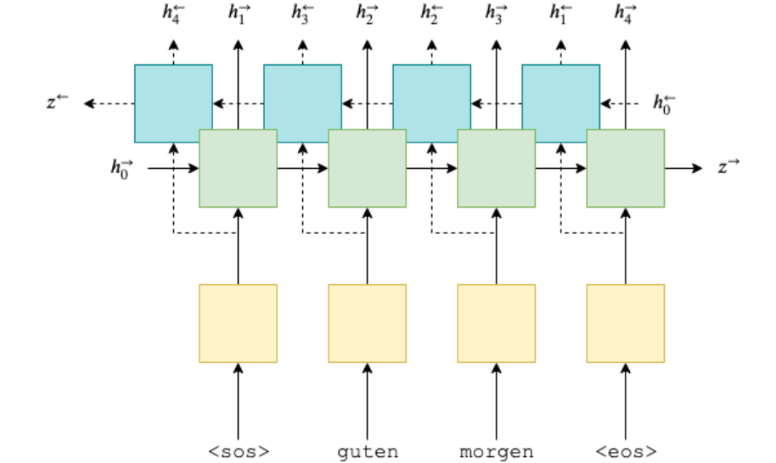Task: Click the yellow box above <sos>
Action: (x=238, y=323)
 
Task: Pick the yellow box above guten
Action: (x=367, y=323)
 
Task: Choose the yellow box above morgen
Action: (x=497, y=323)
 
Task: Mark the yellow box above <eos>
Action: (x=626, y=323)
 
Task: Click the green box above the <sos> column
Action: (x=238, y=168)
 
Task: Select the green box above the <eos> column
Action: (x=626, y=168)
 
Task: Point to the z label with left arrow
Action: (x=55, y=103)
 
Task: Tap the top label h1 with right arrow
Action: (x=238, y=13)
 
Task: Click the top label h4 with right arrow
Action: (x=626, y=13)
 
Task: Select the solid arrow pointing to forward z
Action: (x=683, y=168)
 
